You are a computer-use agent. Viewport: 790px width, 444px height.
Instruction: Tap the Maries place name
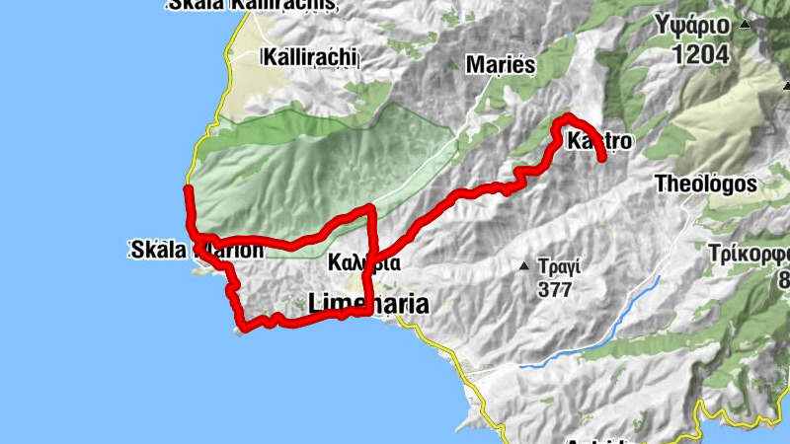point(500,66)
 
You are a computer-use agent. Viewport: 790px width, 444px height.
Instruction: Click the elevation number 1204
point(701,54)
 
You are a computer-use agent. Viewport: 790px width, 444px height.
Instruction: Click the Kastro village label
point(599,142)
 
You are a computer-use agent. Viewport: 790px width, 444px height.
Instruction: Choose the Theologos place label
point(706,184)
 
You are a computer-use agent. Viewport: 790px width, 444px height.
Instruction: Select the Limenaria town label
point(369,305)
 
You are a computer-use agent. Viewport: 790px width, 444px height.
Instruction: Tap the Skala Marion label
point(197,250)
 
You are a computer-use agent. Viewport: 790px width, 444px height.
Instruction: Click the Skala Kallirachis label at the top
point(252,6)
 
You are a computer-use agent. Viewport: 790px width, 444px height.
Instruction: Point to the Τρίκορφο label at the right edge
point(750,253)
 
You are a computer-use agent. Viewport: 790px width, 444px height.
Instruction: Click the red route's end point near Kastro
point(602,158)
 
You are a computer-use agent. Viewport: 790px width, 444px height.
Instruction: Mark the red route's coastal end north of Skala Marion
point(188,188)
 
